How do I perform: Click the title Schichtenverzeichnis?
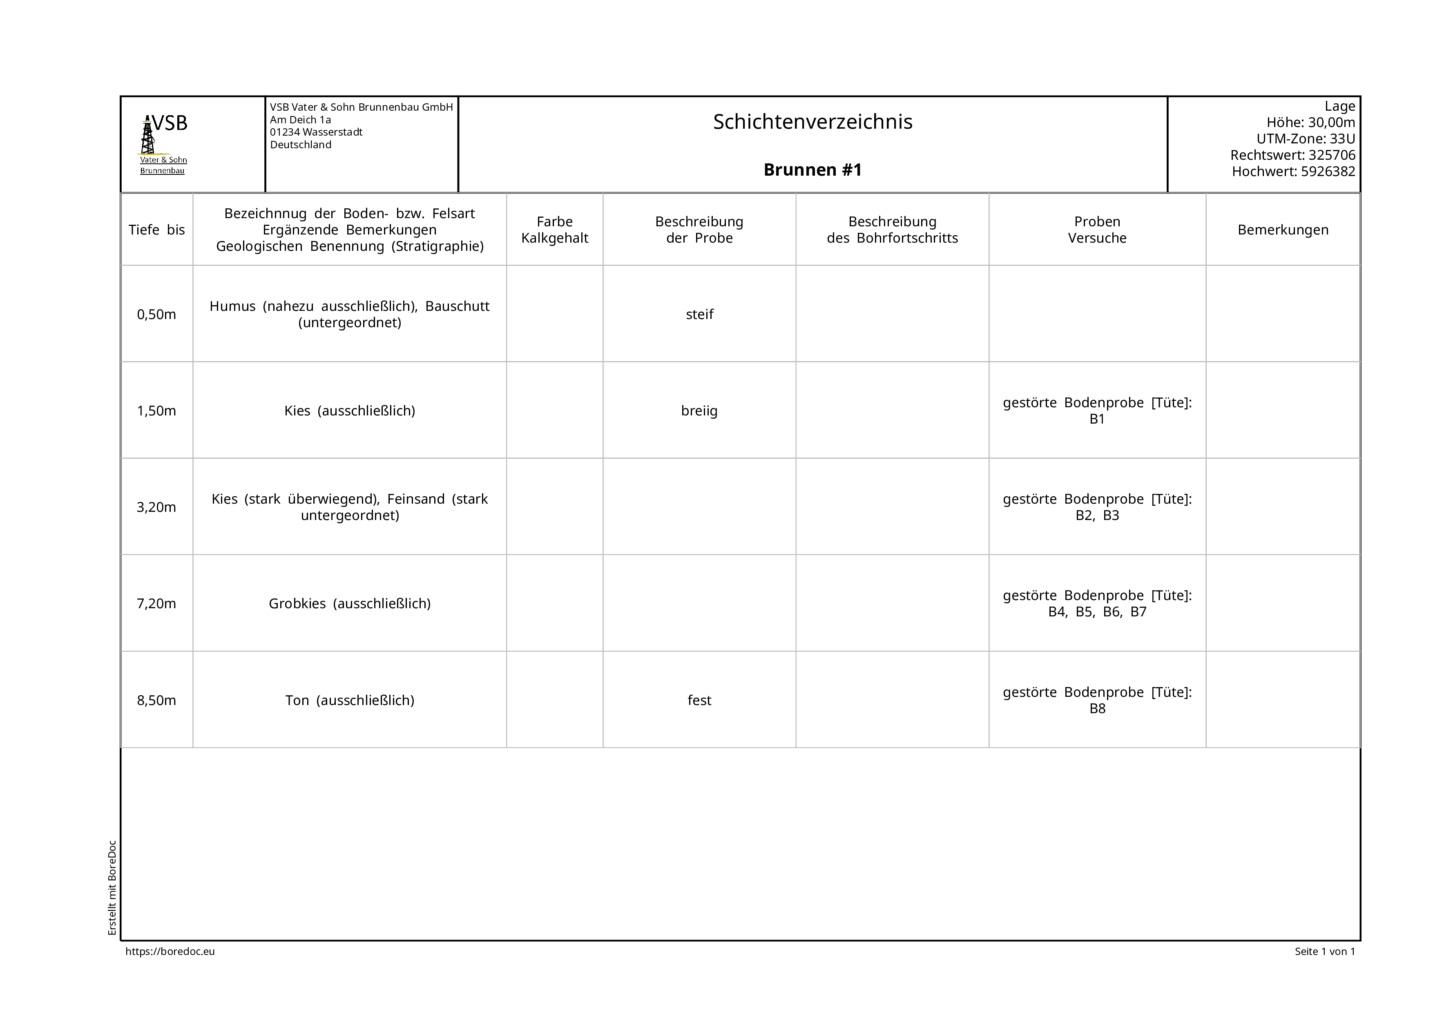click(812, 122)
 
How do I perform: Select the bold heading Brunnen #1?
click(812, 170)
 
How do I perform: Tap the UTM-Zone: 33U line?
click(1305, 138)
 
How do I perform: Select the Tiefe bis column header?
click(156, 230)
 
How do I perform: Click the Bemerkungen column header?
click(1283, 230)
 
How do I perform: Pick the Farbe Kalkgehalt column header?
click(554, 230)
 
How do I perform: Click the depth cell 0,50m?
click(156, 314)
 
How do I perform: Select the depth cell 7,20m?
click(156, 604)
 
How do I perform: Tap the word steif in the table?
click(699, 314)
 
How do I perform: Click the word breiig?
click(699, 411)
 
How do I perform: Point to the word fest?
click(699, 700)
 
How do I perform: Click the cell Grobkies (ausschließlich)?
click(350, 604)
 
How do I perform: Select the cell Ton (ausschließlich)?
click(350, 700)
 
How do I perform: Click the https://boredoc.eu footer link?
click(170, 951)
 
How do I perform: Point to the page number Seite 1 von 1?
click(1324, 951)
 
